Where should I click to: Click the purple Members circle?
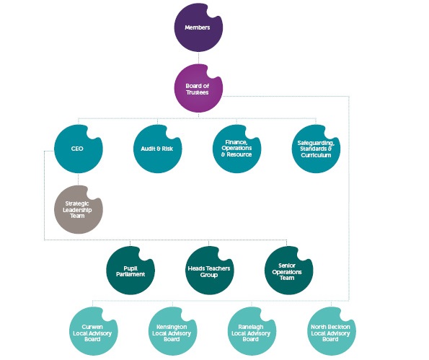point(198,27)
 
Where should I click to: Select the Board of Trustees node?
point(198,89)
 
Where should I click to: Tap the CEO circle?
point(79,149)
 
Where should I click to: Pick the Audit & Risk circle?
point(157,149)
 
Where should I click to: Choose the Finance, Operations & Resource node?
point(236,149)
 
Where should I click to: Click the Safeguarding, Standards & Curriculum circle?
point(316,149)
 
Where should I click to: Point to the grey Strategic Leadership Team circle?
point(79,210)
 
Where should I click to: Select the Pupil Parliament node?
point(131,271)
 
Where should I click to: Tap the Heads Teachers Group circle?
point(209,271)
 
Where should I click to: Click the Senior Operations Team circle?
point(288,271)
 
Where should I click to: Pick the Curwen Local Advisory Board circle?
point(93,331)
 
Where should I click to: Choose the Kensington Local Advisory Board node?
point(172,331)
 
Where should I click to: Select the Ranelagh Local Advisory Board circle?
point(252,331)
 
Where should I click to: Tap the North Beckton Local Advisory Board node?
point(332,331)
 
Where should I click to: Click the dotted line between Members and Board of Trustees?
point(198,58)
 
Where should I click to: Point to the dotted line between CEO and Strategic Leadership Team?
point(79,180)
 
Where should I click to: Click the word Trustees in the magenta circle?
point(198,92)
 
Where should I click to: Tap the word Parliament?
point(131,274)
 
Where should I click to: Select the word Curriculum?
point(316,155)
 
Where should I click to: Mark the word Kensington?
point(172,327)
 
